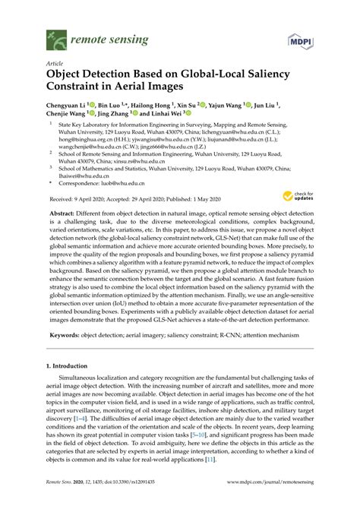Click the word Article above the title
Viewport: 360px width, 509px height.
point(55,66)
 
